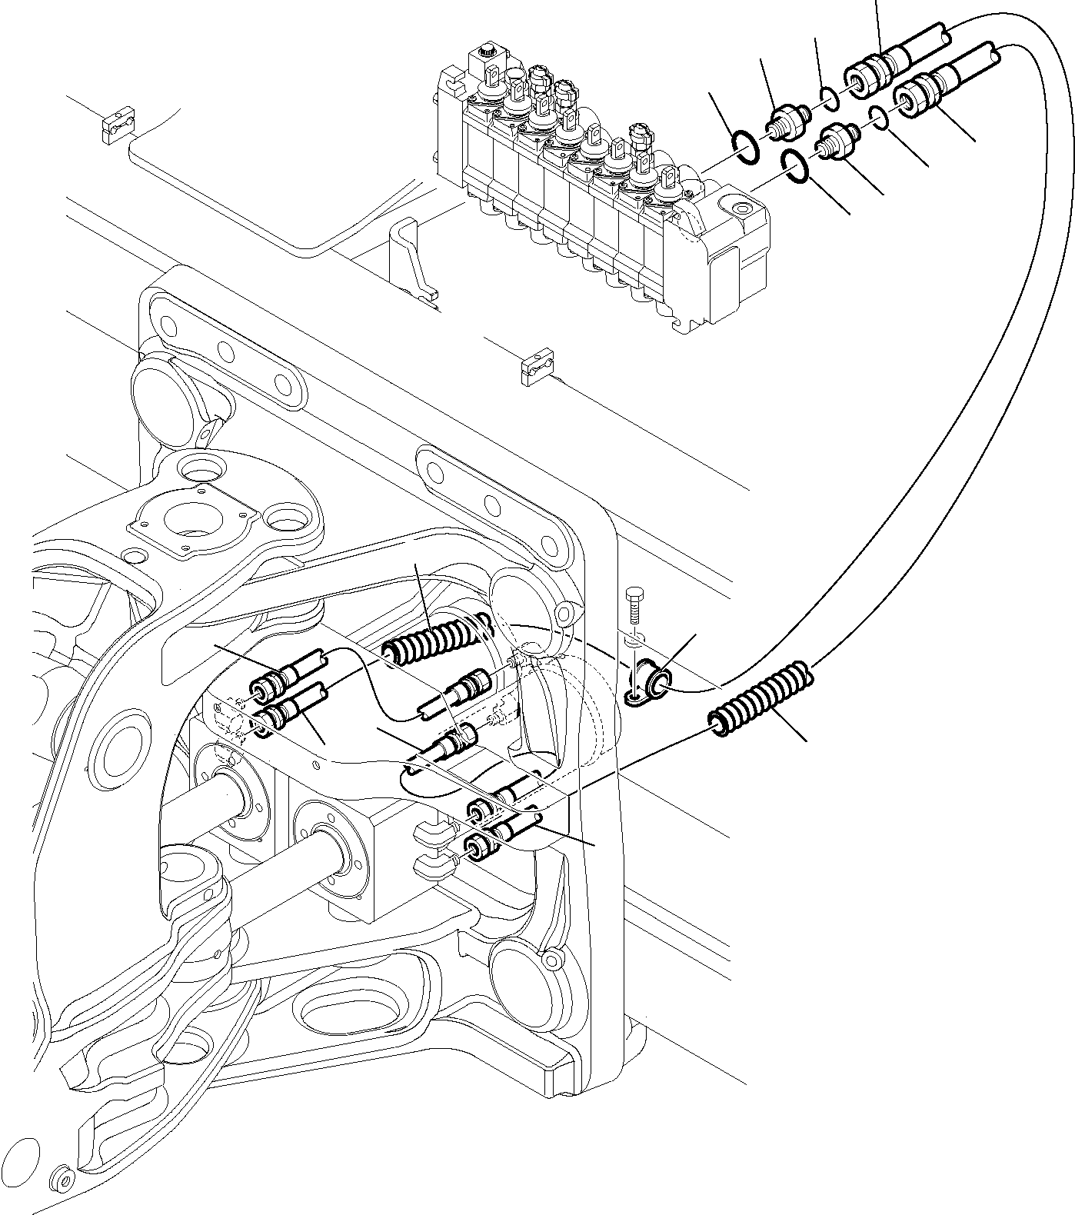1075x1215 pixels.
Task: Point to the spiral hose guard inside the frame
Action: [436, 637]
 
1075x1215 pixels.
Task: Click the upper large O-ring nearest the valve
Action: [745, 147]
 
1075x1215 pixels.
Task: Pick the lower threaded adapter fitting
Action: [837, 143]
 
